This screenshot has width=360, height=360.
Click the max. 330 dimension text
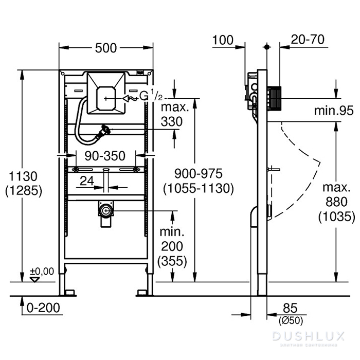tap(175, 114)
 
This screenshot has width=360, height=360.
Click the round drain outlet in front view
tap(105, 210)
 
